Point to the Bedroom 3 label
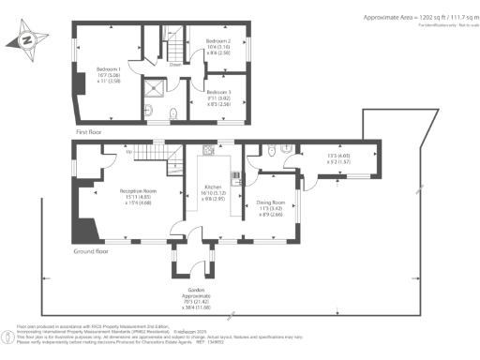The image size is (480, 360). click(x=218, y=92)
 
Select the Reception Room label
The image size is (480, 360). click(x=138, y=190)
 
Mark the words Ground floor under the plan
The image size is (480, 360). click(x=91, y=251)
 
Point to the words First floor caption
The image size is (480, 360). click(x=91, y=132)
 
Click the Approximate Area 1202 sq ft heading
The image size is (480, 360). click(x=412, y=16)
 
